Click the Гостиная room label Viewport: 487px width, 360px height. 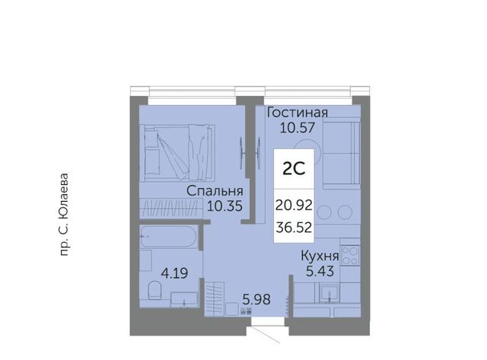coord(298,113)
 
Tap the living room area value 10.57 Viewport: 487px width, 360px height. coord(298,127)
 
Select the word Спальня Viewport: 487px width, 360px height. coord(215,191)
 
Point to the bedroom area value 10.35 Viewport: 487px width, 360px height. coord(224,205)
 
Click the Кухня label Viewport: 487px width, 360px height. coord(320,256)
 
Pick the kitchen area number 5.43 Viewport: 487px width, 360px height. coord(320,271)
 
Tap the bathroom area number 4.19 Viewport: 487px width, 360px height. coord(174,274)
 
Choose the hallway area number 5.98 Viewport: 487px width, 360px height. coord(256,300)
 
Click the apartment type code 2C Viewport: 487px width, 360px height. coord(294,169)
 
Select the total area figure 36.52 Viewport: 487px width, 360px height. coord(294,228)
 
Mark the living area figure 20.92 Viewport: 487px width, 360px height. coord(294,205)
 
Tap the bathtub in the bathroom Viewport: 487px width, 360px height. coord(168,237)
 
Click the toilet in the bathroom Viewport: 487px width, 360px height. coord(154,289)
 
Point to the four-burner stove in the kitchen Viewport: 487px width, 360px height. coord(350,255)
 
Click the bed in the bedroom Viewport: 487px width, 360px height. coord(177,152)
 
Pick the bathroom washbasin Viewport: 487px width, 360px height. coord(184,300)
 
